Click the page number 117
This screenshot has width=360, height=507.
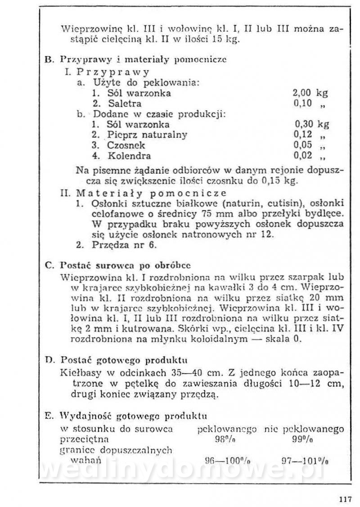tap(344, 498)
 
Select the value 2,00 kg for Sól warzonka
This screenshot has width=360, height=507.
tap(310, 93)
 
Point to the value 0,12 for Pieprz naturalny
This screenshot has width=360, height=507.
tap(302, 134)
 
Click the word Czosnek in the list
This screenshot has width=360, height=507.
tap(126, 145)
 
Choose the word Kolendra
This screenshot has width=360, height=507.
tap(129, 156)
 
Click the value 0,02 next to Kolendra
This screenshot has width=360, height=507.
tap(302, 156)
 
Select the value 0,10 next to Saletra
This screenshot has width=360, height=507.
tap(302, 104)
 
